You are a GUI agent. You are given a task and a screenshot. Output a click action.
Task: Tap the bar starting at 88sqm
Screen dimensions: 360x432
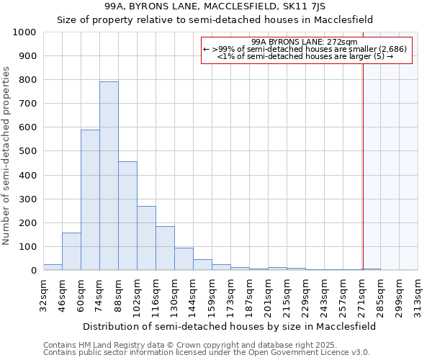(127, 216)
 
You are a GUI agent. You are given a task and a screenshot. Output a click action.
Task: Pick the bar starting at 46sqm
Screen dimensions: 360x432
(71, 251)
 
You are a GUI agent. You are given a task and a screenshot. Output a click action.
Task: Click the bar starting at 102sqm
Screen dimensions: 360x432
(146, 238)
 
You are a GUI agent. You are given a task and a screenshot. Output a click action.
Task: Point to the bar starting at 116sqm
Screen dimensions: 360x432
(165, 248)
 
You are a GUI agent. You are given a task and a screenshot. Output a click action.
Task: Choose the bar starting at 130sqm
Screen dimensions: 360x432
(184, 259)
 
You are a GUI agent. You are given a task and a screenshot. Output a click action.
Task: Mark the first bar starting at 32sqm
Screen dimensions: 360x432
(53, 267)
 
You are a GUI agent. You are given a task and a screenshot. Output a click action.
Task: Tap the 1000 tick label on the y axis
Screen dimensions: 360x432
(24, 32)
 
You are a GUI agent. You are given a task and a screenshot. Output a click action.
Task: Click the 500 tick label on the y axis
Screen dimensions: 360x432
(27, 151)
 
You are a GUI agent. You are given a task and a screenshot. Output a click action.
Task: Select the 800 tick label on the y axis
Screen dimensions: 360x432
(27, 80)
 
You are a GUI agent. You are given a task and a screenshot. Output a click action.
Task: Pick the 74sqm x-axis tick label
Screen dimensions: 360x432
(99, 294)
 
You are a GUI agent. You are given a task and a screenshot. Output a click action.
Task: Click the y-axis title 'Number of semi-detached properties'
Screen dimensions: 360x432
(7, 156)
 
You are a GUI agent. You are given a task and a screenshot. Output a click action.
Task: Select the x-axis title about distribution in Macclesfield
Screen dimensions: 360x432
(229, 326)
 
